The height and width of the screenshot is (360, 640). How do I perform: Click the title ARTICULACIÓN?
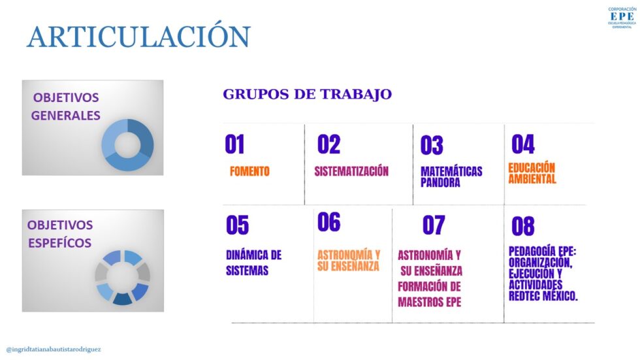pos(138,37)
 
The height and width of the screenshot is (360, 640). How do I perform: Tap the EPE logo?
pos(622,18)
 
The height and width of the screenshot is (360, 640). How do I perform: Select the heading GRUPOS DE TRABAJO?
pos(308,94)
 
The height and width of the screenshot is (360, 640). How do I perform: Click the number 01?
pos(234,144)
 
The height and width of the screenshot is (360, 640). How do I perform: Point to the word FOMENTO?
pos(249,171)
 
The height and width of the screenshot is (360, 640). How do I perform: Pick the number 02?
pos(328,144)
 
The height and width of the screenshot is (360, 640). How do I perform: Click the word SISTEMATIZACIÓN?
pos(351,171)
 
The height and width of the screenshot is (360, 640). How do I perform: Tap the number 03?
pos(432,145)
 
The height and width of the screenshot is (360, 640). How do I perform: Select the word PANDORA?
pos(440,182)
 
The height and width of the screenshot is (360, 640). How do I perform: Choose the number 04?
pos(523,144)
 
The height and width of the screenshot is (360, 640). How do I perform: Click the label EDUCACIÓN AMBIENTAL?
pos(532,174)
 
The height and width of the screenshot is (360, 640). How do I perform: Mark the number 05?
pos(238,225)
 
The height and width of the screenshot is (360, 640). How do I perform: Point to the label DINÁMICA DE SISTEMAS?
pos(254,263)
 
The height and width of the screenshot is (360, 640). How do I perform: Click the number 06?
pos(328,222)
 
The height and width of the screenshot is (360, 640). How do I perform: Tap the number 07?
pos(434,225)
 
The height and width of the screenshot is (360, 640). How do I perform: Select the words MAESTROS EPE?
pos(430,303)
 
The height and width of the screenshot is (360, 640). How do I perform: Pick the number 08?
pos(523,226)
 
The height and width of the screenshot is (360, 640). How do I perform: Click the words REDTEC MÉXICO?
pos(543,297)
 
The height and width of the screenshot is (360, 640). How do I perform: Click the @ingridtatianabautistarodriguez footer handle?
pos(54,350)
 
